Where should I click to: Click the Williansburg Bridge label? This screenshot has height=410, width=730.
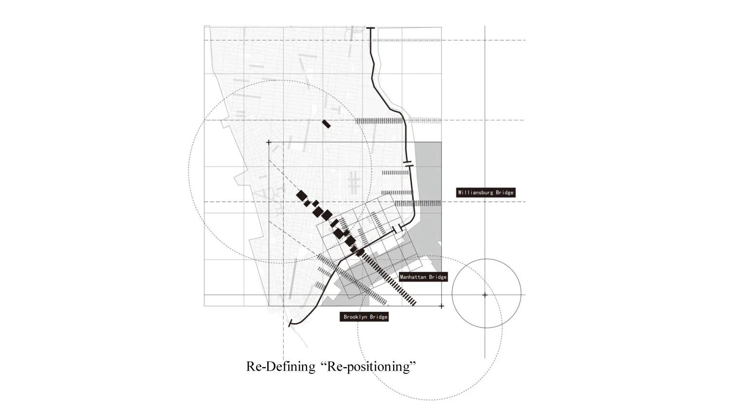coord(486,193)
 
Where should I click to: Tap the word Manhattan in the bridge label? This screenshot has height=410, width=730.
coord(413,277)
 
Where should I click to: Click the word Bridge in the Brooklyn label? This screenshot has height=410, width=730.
coord(379,317)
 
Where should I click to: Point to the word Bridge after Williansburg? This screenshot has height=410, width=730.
coord(505,193)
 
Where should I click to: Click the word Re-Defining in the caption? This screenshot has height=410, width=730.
coord(281,366)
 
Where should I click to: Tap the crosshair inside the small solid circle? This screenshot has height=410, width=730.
coord(485,295)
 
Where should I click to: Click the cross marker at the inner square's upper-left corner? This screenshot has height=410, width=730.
coord(269,143)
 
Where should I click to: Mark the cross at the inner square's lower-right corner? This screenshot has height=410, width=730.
coord(441,306)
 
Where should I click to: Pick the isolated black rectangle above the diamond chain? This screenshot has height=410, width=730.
coord(326,124)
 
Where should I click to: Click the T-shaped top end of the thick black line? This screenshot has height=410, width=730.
coord(370,28)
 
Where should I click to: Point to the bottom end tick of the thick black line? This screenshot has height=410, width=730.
coord(290,323)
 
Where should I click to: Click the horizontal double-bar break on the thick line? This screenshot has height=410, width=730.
coord(408,164)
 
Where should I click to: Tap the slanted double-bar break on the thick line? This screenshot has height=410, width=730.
coord(397,229)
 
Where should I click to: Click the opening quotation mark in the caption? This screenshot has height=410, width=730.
coord(323,362)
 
